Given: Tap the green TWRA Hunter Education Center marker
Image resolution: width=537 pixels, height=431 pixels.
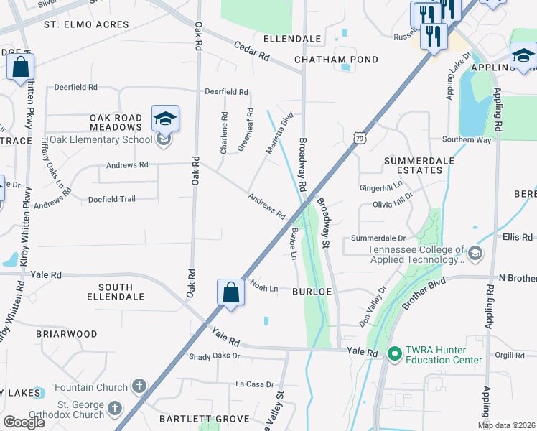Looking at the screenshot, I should [x=393, y=353].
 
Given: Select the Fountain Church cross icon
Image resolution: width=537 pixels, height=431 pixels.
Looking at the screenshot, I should [x=139, y=387].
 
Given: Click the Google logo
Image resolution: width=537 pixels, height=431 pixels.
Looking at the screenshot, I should [x=24, y=422].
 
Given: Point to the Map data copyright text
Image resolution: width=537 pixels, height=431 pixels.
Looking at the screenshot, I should [x=507, y=425].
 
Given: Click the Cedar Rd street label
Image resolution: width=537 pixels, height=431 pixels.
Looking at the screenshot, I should [x=251, y=50].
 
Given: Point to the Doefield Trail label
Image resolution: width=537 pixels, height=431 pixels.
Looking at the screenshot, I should [x=111, y=199].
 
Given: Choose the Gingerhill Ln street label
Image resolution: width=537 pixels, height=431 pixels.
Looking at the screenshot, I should [x=381, y=187].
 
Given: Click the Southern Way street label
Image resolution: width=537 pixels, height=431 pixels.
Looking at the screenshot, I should [x=467, y=139].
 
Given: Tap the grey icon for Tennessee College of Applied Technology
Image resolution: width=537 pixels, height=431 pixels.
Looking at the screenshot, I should [x=474, y=254].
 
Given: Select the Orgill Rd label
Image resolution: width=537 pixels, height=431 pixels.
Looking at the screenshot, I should [x=510, y=354].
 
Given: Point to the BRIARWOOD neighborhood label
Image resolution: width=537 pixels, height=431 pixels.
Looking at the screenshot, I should [x=67, y=334].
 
